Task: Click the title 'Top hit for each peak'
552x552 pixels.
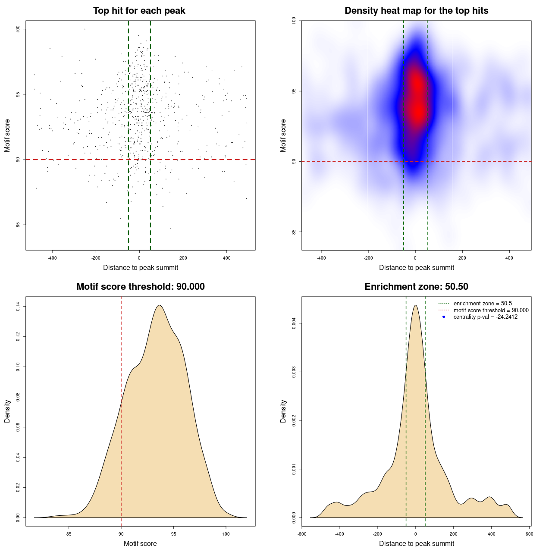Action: point(139,11)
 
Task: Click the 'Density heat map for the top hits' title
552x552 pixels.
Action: point(416,11)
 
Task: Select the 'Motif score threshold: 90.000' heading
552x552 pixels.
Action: point(140,287)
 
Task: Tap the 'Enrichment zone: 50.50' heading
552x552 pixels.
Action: point(416,287)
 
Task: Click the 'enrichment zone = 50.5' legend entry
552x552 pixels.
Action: point(483,304)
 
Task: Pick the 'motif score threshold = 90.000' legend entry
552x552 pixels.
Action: point(491,310)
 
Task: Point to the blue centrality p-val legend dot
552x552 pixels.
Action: point(444,317)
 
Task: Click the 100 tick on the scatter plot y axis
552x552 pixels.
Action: point(18,29)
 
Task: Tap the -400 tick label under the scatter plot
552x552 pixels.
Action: point(52,258)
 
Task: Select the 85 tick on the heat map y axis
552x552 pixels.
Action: point(294,232)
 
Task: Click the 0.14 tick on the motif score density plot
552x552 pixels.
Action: point(18,307)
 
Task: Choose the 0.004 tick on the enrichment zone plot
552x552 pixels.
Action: point(294,323)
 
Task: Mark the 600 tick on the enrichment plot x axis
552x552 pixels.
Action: point(530,534)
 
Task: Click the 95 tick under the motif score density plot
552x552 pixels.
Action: point(173,534)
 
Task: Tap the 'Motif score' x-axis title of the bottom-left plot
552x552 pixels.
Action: point(140,544)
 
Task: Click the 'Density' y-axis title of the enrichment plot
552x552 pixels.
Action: point(283,411)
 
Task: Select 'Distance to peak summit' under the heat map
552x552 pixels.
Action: point(417,268)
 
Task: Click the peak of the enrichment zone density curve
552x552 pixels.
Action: point(415,305)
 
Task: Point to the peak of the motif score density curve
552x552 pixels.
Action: point(160,305)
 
